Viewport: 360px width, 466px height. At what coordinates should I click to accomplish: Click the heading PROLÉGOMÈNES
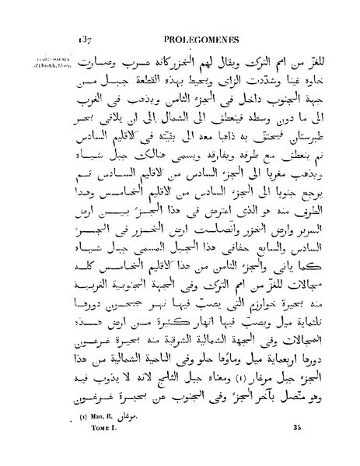pyautogui.click(x=191, y=37)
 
